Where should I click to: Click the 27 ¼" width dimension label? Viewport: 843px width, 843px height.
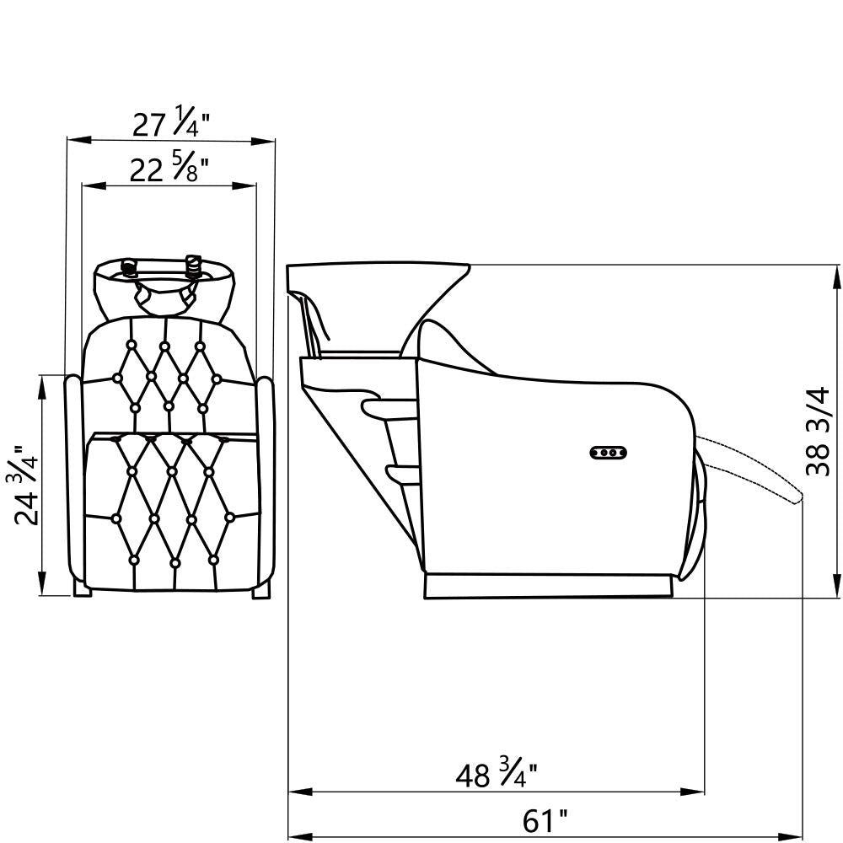coord(170,125)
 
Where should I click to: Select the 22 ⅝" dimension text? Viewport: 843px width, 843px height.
coord(169,169)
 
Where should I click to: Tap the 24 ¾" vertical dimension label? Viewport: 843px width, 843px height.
coord(26,485)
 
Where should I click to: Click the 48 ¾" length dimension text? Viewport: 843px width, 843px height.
coord(497,775)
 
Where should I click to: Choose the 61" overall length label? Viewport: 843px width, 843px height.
coord(545,821)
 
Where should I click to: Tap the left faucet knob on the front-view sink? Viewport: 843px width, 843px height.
coord(128,267)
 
